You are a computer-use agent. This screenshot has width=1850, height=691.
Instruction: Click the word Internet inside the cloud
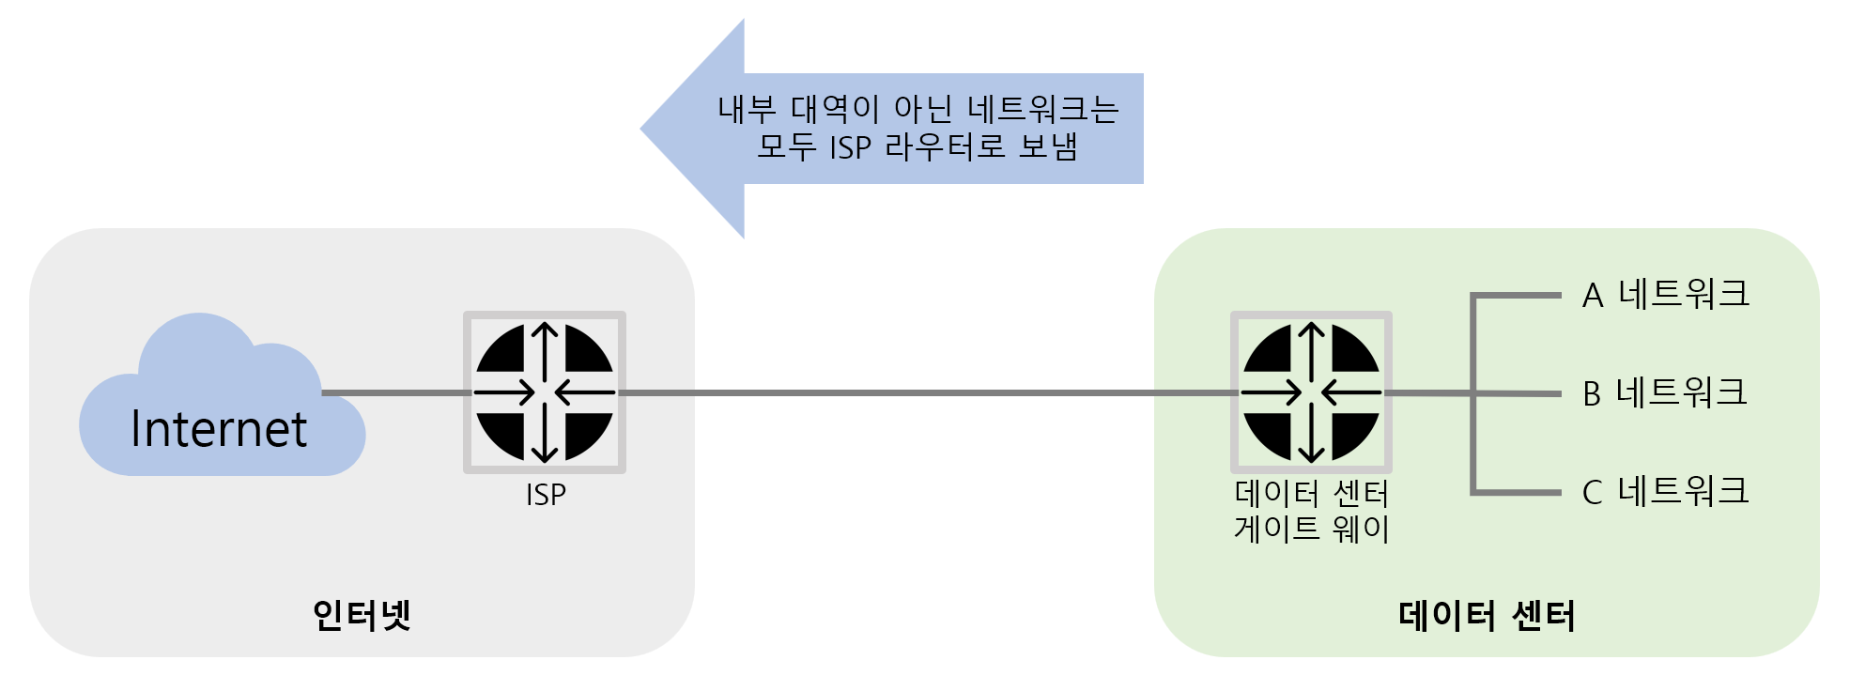tap(218, 429)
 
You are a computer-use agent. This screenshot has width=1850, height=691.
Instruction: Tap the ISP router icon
tap(545, 392)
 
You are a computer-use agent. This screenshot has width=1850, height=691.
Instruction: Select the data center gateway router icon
tap(1311, 392)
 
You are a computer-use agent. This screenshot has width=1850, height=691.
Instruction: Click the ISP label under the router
tap(546, 495)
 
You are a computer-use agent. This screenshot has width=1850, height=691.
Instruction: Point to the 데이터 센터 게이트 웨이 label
tap(1311, 511)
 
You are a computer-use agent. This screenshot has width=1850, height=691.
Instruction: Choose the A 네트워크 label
tap(1665, 295)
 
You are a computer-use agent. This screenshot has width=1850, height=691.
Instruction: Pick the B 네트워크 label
tap(1664, 392)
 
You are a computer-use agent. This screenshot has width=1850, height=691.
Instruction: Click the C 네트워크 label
tap(1665, 491)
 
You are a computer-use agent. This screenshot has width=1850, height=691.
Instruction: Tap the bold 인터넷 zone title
tap(362, 615)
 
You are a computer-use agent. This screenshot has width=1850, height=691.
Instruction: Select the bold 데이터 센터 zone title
tap(1487, 616)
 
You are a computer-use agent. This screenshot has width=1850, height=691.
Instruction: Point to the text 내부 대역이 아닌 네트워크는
tap(917, 109)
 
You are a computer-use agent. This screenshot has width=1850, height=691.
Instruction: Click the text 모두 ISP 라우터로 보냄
tap(917, 147)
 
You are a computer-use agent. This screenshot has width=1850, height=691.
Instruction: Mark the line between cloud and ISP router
tap(394, 392)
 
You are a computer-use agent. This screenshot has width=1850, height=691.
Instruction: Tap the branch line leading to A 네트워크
tap(1517, 296)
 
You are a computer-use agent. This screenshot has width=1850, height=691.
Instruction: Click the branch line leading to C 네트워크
tap(1517, 491)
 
